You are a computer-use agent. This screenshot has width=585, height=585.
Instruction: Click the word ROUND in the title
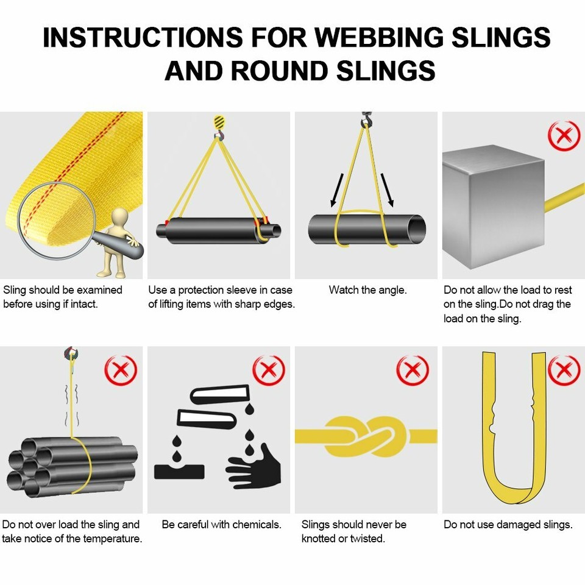click(x=284, y=70)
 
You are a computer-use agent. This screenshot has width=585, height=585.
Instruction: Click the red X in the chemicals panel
click(x=269, y=370)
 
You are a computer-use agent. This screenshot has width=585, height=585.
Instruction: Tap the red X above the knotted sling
click(x=413, y=370)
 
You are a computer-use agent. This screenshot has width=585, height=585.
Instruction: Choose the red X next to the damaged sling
click(x=564, y=370)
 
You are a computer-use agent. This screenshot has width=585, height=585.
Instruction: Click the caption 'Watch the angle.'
click(x=367, y=290)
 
